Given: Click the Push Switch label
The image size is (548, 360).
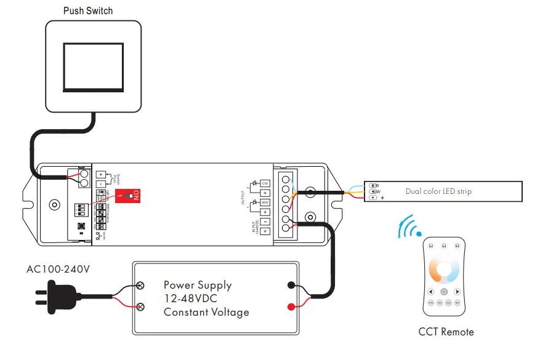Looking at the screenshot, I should click(x=88, y=10).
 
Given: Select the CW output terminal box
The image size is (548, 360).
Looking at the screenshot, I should click(x=265, y=183).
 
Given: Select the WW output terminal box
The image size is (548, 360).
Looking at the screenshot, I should click(x=265, y=202).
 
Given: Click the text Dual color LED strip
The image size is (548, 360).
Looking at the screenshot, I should click(x=438, y=191).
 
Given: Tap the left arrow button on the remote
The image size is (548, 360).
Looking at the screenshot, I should click(x=430, y=292).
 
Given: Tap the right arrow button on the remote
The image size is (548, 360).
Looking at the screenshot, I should click(x=457, y=292).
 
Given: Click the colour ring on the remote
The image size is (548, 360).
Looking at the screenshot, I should click(x=443, y=270).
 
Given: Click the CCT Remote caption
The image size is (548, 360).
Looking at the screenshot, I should click(x=446, y=332).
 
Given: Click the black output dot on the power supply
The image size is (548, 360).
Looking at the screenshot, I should click(x=291, y=286).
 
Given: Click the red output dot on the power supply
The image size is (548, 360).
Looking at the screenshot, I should click(x=291, y=306).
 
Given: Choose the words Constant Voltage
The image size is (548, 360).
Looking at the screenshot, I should click(x=206, y=312).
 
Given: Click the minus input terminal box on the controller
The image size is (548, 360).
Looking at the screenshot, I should click(x=265, y=221).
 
